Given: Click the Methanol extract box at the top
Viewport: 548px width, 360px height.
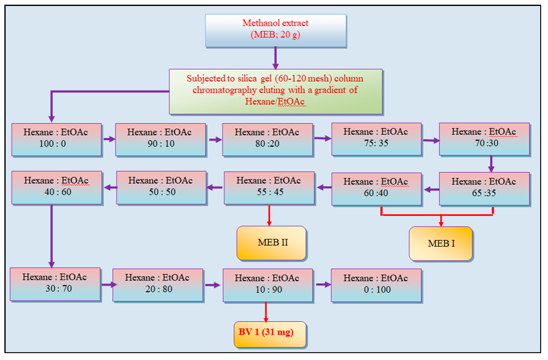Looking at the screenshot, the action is pos(276,31).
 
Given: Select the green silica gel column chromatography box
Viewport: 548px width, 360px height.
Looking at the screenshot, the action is pos(276,92).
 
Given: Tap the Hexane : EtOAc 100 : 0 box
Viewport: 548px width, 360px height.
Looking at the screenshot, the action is pos(57,139).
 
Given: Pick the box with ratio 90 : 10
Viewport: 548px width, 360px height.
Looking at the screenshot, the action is pos(160,139).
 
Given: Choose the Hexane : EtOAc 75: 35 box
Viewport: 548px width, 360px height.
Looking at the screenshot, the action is pos(376,139).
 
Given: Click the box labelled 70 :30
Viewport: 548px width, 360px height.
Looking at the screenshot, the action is pos(484,139).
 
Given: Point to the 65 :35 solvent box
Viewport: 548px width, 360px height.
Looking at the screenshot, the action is pos(484,189).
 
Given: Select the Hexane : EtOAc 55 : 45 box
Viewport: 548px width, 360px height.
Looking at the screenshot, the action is pos(269,188).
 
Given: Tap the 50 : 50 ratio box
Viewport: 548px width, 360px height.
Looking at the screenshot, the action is pos(161,187).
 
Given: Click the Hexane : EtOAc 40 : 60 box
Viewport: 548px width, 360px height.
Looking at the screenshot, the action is pos(57,187).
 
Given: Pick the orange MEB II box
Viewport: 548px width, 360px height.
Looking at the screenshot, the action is pos(271,243).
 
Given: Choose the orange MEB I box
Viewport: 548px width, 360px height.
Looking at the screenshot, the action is pos(441,244).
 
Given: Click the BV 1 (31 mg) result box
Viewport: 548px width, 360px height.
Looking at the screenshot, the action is pos(270,334).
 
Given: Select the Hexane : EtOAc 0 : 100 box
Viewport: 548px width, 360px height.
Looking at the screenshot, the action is pos(376,286).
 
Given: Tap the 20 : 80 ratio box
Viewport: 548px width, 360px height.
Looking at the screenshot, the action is pos(158,285).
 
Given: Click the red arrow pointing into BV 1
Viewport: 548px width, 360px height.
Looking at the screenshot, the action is pos(266,312).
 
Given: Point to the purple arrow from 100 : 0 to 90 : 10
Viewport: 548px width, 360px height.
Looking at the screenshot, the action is pos(109,139).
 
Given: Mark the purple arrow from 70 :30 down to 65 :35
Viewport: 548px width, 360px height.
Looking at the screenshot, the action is pos(491,164).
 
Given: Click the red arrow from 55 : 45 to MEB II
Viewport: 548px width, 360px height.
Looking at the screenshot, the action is pos(269,215).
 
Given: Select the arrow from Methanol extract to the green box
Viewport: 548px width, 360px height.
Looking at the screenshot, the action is pos(275,58).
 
